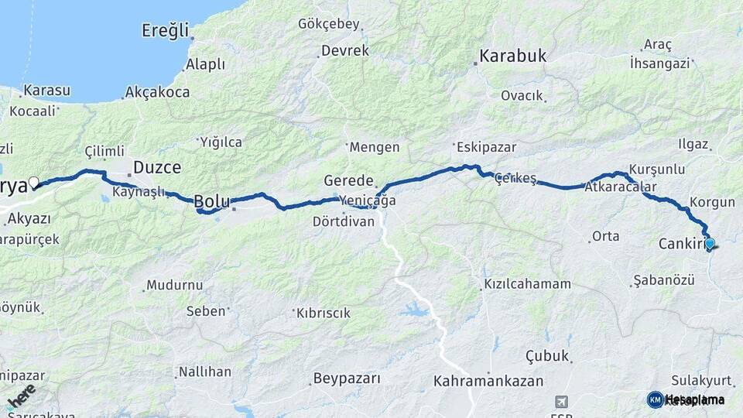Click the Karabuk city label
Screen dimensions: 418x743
513,56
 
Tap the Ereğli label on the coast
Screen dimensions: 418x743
165,31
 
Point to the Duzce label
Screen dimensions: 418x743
157,167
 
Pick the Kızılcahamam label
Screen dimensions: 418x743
527,284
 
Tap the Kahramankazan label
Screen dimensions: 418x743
488,381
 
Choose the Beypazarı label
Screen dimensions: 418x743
346,379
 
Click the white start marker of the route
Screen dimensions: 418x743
33,183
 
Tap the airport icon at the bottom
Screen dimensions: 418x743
562,402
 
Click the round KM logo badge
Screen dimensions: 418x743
655,399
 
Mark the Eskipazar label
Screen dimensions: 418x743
486,147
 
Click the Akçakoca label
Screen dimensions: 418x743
159,92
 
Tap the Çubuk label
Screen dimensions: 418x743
548,356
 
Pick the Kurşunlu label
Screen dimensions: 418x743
657,169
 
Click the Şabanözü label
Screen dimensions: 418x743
663,279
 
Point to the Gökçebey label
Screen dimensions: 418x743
329,24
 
